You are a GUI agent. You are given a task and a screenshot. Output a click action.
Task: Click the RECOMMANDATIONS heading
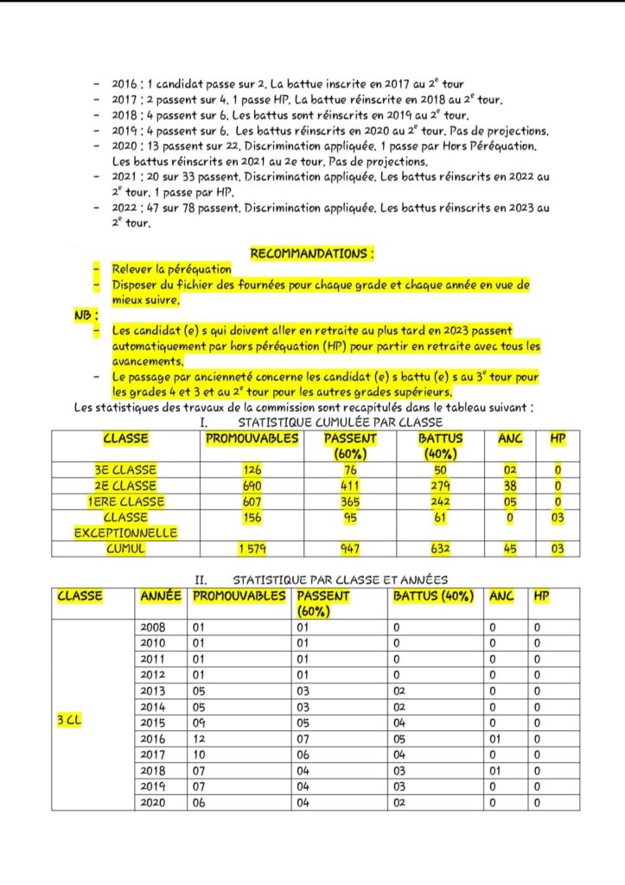(x=312, y=254)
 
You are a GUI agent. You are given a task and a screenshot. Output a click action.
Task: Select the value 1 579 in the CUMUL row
(x=252, y=548)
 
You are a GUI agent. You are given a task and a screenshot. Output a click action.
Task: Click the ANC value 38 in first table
(x=510, y=486)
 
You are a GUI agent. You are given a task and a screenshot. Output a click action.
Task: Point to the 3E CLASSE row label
(x=126, y=470)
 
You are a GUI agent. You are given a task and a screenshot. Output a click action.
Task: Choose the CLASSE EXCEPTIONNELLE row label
(x=126, y=525)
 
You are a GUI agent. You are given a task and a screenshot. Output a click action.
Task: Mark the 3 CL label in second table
(x=68, y=721)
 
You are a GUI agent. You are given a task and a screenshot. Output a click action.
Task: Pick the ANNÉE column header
(x=161, y=596)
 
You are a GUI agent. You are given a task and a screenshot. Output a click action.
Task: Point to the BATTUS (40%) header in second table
(x=433, y=596)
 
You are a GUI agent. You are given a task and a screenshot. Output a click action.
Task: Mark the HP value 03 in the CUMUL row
(x=558, y=548)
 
